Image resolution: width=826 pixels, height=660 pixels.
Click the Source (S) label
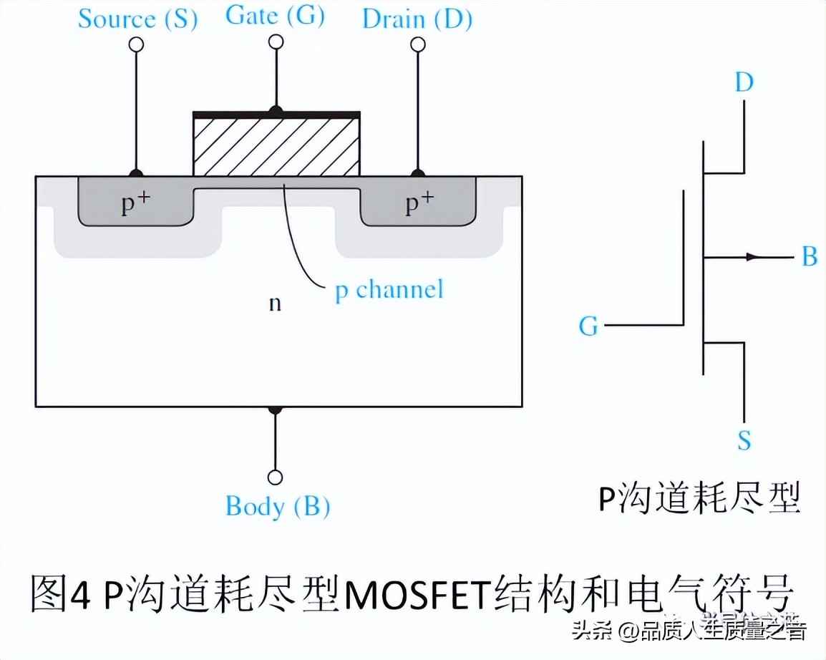tap(137, 19)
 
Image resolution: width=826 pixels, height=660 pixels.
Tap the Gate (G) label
tap(275, 15)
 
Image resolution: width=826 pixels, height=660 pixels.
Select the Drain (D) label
tap(417, 19)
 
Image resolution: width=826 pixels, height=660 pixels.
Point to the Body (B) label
tap(277, 506)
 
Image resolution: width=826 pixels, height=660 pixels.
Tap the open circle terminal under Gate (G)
tap(275, 42)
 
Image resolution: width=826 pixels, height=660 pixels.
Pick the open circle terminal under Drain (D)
tap(417, 45)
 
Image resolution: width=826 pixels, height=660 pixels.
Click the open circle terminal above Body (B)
tap(275, 477)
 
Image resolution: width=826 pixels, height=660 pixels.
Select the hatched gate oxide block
tap(276, 146)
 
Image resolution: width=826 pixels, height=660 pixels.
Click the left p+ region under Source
tap(135, 203)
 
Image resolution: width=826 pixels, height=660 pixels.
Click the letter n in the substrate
tap(275, 303)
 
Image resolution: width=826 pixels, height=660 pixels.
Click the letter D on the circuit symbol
tap(744, 83)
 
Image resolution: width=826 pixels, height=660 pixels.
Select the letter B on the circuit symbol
tap(809, 256)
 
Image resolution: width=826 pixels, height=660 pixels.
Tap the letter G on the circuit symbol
tap(588, 326)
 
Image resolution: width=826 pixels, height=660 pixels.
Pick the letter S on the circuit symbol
tap(744, 440)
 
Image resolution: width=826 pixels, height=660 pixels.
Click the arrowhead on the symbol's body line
tap(752, 256)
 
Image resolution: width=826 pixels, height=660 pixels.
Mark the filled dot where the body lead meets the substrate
tap(275, 409)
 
